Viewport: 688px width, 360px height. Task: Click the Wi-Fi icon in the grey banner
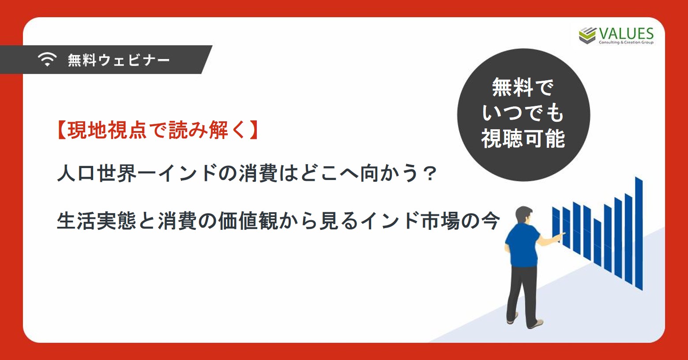tap(47, 59)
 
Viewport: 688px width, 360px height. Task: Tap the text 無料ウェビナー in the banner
tap(119, 60)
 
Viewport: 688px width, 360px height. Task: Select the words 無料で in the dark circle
tap(523, 87)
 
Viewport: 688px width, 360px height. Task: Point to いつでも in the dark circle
tap(523, 113)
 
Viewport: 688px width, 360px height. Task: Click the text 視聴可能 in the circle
tap(523, 139)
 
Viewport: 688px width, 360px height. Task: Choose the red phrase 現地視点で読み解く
tap(157, 130)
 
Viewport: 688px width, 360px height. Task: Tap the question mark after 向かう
tap(429, 173)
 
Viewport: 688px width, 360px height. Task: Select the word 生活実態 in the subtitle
tap(97, 221)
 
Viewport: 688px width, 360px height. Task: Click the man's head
tap(523, 216)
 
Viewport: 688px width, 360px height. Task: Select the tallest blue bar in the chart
tap(639, 233)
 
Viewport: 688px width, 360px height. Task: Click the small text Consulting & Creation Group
tap(626, 42)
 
